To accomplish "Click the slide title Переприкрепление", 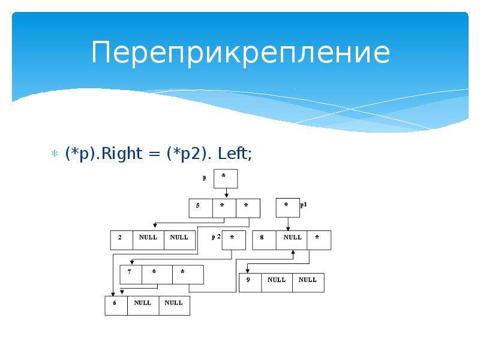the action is [241, 53].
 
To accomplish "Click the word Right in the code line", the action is [122, 154].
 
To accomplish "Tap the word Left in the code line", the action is [233, 153].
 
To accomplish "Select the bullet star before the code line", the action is [55, 154].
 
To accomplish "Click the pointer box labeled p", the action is [226, 178].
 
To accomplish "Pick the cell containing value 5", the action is [201, 208].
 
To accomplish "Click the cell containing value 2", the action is [122, 240].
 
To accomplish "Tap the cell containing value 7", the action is [131, 275].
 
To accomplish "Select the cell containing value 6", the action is [116, 305].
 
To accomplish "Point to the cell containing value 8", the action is [264, 240].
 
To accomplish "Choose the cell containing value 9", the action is [250, 283].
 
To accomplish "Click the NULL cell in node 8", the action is [292, 240].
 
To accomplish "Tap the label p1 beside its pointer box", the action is [304, 205].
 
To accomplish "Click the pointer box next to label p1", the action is [288, 208].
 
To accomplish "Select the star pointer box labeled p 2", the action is [234, 240].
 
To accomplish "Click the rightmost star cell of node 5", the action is [248, 208].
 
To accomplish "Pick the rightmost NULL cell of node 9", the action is [308, 283].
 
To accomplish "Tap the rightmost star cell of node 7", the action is [188, 275].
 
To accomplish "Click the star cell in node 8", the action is [319, 240].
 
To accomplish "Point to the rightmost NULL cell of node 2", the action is [179, 240].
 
